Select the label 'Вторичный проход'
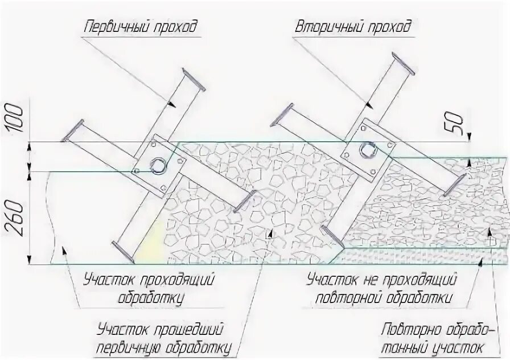tap(353, 27)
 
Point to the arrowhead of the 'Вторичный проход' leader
tap(367, 106)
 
